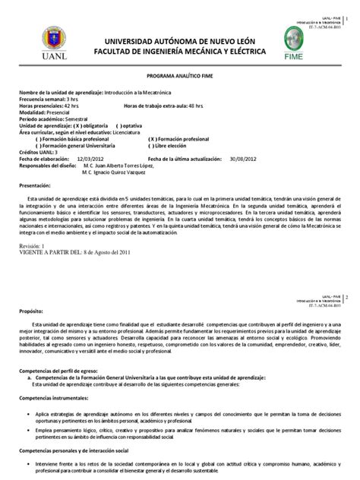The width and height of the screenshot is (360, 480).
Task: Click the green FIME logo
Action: pyautogui.click(x=314, y=39)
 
